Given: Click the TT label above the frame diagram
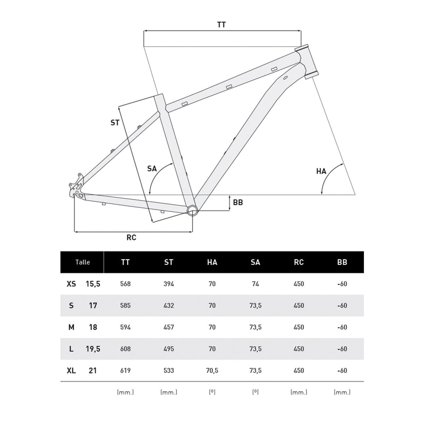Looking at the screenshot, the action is [221, 24].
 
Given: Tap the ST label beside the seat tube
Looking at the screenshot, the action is [115, 123].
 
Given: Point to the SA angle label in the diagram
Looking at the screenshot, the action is [152, 169].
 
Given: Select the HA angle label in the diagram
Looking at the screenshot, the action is [321, 171].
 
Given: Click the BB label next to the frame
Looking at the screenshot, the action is [238, 202].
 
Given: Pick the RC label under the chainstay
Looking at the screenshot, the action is [131, 237].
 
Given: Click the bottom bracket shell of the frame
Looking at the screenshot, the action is [192, 210].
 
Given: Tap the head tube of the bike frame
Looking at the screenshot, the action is [307, 62].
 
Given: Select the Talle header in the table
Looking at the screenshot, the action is [82, 262].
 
